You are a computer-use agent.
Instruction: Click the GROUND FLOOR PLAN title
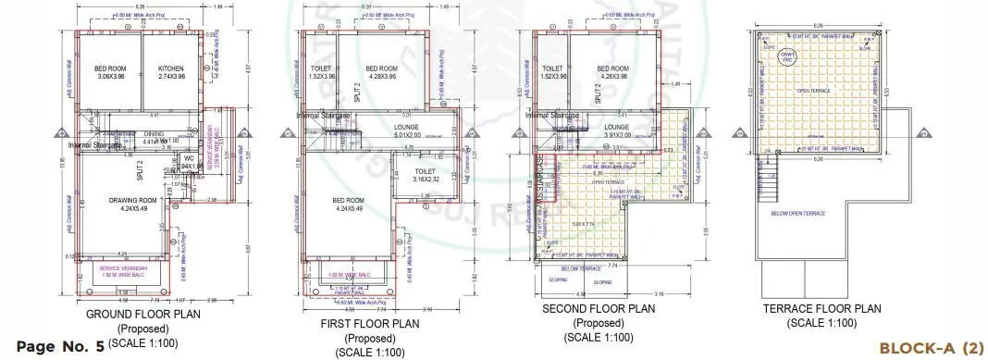click(x=137, y=315)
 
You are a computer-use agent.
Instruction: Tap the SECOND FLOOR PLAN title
click(x=600, y=309)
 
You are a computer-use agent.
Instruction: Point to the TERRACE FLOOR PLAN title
click(x=822, y=309)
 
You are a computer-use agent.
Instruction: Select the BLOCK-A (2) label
click(x=931, y=347)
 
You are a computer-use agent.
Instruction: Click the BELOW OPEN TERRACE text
click(x=797, y=214)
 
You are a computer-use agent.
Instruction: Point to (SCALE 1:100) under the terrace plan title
click(x=822, y=323)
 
